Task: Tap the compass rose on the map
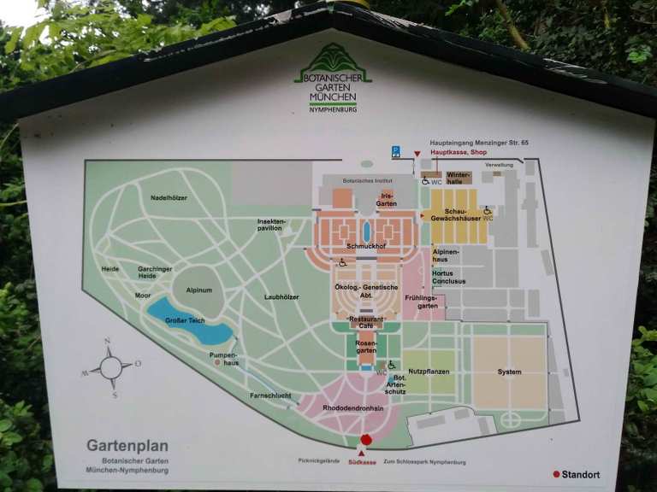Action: [x=110, y=368]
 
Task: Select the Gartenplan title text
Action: [x=127, y=445]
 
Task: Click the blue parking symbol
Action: [x=396, y=151]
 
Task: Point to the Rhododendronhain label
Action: [x=352, y=408]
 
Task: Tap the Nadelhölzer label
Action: [x=169, y=198]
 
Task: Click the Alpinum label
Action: [x=199, y=290]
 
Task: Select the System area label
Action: [x=509, y=372]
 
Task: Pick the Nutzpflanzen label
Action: [x=429, y=372]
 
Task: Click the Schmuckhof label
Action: [x=367, y=247]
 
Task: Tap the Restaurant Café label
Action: [x=366, y=322]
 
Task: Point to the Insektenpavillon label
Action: [x=271, y=225]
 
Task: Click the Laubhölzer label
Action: [x=281, y=297]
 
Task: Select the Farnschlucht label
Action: [x=270, y=395]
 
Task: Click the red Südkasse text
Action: [x=362, y=462]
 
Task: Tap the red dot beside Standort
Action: [x=556, y=474]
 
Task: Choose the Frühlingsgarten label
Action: [x=421, y=302]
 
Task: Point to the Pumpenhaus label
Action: [x=225, y=358]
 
